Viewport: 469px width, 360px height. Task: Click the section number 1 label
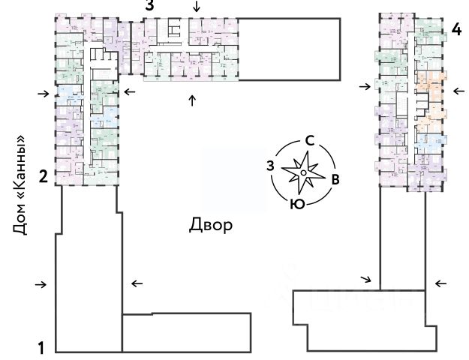[x=43, y=348]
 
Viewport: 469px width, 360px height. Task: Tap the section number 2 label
[x=44, y=177]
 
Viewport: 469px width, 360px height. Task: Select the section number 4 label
[x=456, y=31]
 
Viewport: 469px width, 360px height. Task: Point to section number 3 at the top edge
[x=150, y=5]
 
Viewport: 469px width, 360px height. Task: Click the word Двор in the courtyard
[x=210, y=225]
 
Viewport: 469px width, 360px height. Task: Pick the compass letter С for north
[x=308, y=141]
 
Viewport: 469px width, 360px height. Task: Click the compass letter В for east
[x=336, y=178]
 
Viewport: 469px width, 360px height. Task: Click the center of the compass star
[x=302, y=172]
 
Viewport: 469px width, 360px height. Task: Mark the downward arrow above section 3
[x=197, y=7]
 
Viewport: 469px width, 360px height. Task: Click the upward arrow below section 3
[x=192, y=100]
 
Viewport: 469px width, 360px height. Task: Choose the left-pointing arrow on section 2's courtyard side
[x=129, y=91]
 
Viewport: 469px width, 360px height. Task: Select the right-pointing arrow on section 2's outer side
[x=44, y=94]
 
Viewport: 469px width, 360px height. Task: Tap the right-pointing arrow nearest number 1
[x=41, y=284]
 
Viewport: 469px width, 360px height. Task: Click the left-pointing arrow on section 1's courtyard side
[x=137, y=283]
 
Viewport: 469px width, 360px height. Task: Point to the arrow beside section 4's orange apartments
[x=457, y=91]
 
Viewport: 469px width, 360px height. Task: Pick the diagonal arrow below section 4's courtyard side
[x=366, y=279]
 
